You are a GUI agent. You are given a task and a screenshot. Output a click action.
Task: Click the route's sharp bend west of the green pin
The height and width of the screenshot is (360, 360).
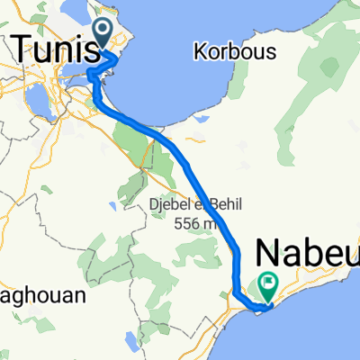point(236,292)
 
